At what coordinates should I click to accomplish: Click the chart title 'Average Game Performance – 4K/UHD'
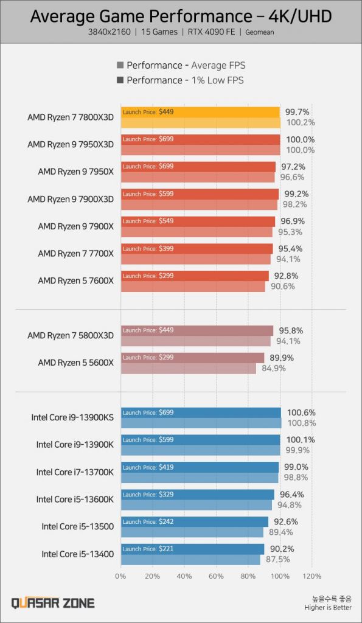(x=181, y=17)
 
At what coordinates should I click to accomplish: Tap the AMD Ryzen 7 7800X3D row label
(x=71, y=117)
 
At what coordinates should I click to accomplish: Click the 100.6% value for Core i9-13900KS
(x=301, y=412)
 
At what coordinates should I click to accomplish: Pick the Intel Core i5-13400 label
(x=77, y=554)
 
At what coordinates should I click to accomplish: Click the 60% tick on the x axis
(x=216, y=576)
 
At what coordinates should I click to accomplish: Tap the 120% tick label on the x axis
(x=312, y=576)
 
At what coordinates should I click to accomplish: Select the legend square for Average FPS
(x=120, y=66)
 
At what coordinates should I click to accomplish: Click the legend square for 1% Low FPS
(x=120, y=80)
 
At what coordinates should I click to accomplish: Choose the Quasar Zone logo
(x=53, y=603)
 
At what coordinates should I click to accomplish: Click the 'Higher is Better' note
(x=329, y=607)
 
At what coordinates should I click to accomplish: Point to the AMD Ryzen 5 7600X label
(x=75, y=280)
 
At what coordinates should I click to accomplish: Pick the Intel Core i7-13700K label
(x=75, y=472)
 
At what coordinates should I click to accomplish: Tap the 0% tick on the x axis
(x=120, y=576)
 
